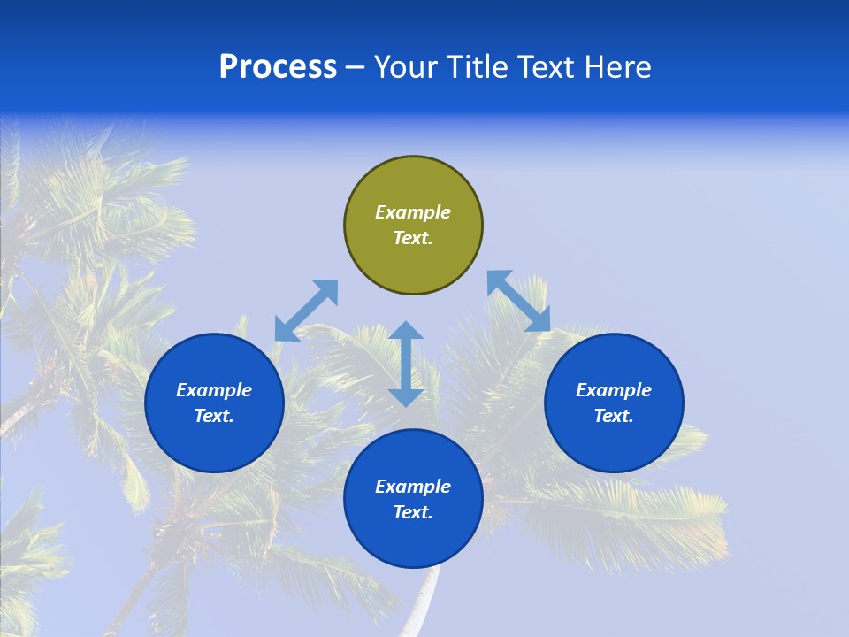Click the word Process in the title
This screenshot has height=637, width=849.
[x=278, y=67]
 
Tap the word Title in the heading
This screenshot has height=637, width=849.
[x=478, y=67]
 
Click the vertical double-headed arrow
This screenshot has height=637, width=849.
[x=406, y=364]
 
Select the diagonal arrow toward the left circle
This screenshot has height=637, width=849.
[x=306, y=311]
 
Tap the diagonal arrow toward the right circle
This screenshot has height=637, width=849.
[x=518, y=301]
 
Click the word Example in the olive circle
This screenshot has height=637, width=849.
[x=413, y=212]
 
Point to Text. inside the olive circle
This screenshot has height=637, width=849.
[x=413, y=238]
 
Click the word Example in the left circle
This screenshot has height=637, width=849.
[x=214, y=390]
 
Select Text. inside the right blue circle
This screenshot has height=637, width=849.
[x=614, y=416]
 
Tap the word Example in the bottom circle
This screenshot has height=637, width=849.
[x=413, y=487]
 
